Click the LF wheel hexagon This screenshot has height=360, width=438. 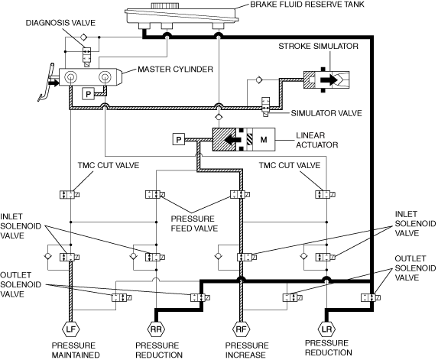(71, 329)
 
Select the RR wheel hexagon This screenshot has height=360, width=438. (156, 329)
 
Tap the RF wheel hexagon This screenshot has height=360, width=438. (242, 329)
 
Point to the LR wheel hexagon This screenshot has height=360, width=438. (326, 329)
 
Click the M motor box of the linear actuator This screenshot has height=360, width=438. (264, 139)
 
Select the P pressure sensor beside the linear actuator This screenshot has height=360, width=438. (179, 139)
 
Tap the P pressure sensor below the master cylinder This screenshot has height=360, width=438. (88, 94)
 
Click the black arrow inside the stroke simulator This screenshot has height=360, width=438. (329, 80)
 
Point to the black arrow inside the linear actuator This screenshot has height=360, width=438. (233, 139)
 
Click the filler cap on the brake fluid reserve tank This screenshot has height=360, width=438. (164, 5)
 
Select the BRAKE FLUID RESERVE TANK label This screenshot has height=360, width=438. (307, 4)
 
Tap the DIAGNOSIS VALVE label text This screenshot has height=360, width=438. (60, 23)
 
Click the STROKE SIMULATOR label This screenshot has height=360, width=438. (319, 46)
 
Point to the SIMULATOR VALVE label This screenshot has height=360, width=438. (326, 113)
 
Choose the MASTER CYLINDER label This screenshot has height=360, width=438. (175, 69)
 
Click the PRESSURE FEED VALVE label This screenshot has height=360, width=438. (194, 223)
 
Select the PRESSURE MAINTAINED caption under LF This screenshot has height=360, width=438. (76, 350)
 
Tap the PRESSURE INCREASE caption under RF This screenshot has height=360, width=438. (247, 350)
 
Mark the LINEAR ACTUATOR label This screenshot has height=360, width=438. (317, 140)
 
